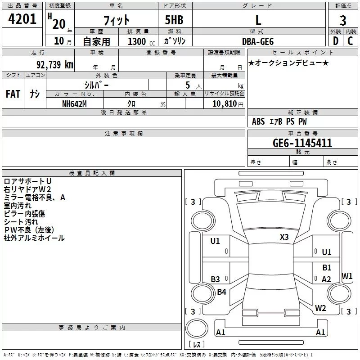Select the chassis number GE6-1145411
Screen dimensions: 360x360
tap(302, 143)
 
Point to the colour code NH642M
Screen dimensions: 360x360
tap(74, 103)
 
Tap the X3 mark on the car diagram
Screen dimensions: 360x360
tap(284, 237)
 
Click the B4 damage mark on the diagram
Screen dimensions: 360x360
tap(221, 292)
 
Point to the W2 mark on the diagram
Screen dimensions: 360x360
tap(320, 308)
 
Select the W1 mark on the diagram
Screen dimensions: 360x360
tap(347, 276)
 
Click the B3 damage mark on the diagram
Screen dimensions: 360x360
tap(216, 279)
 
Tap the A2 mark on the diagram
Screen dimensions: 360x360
tap(327, 279)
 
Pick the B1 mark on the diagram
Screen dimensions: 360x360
tap(327, 268)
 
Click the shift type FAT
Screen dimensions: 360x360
tap(13, 94)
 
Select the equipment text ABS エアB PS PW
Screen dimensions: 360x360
tap(280, 121)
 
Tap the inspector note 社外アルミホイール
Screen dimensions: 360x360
tap(34, 238)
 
